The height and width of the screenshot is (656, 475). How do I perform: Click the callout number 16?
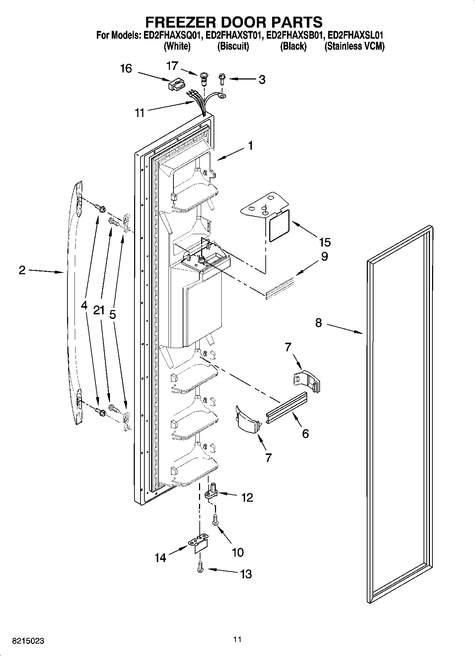pos(126,68)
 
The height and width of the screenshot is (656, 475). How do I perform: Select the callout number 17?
pos(172,66)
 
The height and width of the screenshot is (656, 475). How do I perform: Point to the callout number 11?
pos(140,113)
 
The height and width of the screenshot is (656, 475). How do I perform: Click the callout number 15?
pos(325,242)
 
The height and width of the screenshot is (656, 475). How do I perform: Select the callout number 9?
pos(324,257)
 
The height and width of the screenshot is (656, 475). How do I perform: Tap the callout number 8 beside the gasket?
pos(318,323)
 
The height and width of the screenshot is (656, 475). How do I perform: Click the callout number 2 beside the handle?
pos(22,270)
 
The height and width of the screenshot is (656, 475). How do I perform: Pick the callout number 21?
pos(99,310)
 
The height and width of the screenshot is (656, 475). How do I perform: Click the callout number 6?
pos(305,434)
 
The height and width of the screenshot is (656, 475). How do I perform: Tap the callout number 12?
pos(247,498)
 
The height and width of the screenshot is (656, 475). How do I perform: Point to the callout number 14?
pos(160,558)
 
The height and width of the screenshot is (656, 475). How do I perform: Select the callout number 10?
pos(237,552)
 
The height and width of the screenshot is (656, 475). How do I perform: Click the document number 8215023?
pos(28,641)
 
